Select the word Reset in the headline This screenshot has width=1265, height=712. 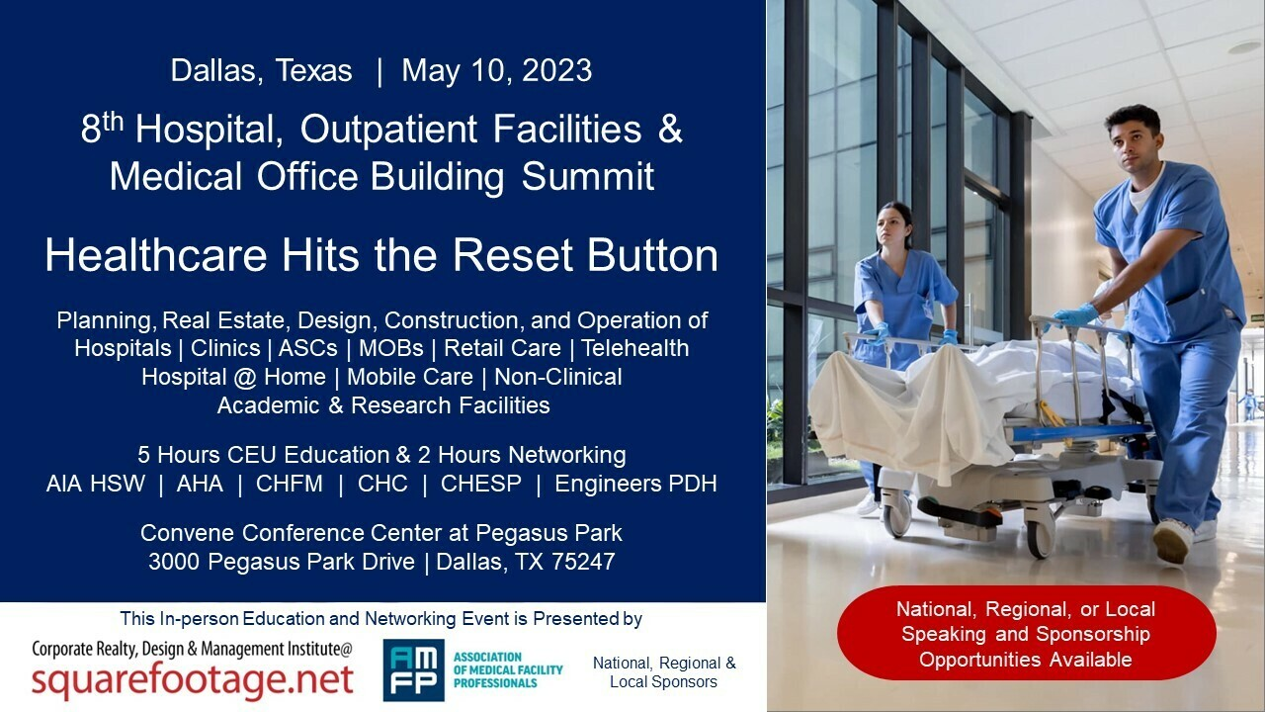[513, 255]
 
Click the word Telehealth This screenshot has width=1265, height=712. [634, 348]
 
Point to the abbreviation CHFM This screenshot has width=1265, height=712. [290, 484]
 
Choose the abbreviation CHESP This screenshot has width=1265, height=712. [481, 484]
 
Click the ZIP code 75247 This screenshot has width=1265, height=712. [583, 562]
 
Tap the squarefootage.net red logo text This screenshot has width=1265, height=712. [193, 679]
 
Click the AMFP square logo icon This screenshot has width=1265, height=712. [413, 670]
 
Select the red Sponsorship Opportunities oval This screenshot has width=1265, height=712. [1026, 634]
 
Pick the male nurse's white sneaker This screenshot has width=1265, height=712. [1173, 541]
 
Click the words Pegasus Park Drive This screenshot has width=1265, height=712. [311, 562]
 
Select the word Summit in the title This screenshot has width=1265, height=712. [588, 176]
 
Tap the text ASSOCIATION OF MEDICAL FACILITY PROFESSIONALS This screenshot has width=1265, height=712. [508, 670]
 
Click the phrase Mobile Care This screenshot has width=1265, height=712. [410, 377]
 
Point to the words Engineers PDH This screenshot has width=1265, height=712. [635, 484]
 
